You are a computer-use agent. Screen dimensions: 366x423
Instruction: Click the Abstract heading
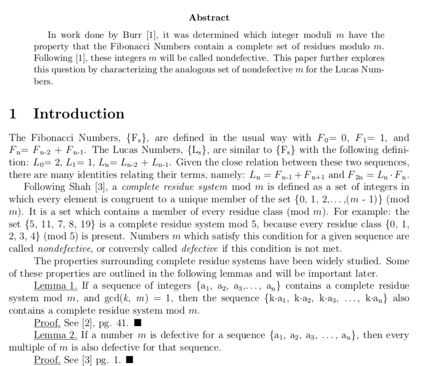click(x=209, y=18)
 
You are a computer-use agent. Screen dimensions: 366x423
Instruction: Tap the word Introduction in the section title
click(x=79, y=114)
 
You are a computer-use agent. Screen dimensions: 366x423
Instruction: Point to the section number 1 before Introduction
click(x=13, y=114)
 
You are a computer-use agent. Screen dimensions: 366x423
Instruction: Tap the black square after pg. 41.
click(x=138, y=323)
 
